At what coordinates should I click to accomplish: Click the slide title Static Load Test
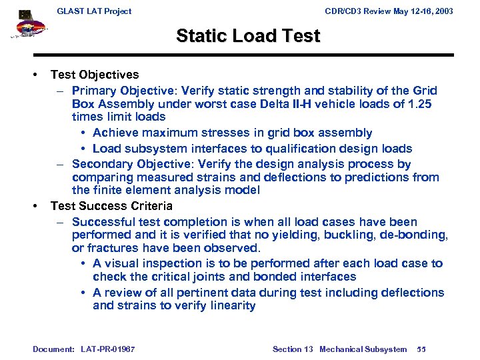pos(248,36)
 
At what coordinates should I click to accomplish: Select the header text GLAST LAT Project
pos(94,11)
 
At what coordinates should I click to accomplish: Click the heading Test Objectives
pos(95,75)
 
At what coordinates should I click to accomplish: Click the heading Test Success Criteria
pos(111,206)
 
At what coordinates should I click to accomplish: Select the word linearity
pos(231,306)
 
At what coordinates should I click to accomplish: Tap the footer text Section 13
pos(293,349)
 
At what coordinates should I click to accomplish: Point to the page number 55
pos(421,349)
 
